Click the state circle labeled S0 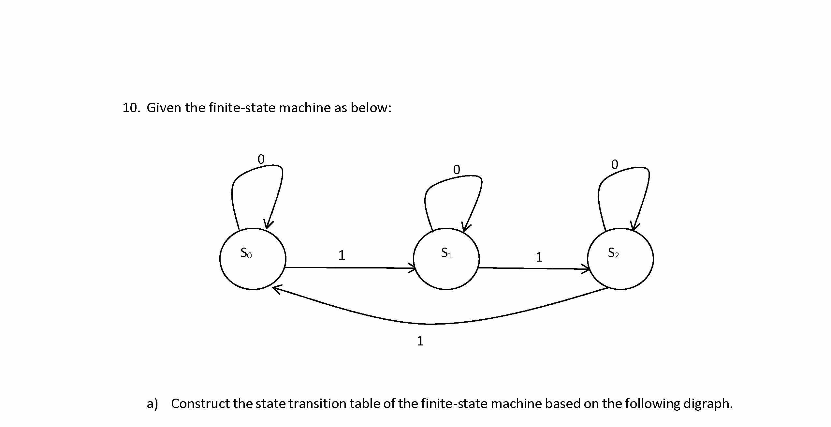(x=253, y=259)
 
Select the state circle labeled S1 (x=446, y=259)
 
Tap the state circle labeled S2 (x=620, y=259)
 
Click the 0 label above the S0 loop (x=261, y=160)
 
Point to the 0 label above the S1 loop (x=457, y=170)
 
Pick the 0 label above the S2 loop (x=615, y=165)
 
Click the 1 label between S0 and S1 (x=342, y=255)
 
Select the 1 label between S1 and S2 (x=539, y=257)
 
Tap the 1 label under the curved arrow (x=420, y=341)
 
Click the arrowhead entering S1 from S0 (x=412, y=268)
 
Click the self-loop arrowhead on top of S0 (x=268, y=225)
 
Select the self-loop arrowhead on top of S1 (x=466, y=227)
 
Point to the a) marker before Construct (x=152, y=404)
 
